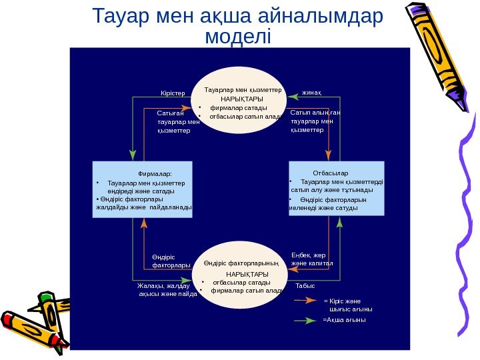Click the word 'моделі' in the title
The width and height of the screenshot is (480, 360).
(x=239, y=35)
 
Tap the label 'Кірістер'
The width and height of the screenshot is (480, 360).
(x=174, y=93)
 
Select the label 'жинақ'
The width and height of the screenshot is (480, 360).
(x=312, y=92)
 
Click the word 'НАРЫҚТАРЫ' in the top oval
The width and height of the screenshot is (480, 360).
(x=241, y=98)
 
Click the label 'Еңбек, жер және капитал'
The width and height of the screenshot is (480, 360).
(x=311, y=259)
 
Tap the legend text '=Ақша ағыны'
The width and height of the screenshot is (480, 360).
(x=344, y=320)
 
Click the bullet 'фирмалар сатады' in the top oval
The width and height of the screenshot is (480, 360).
(x=239, y=107)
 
